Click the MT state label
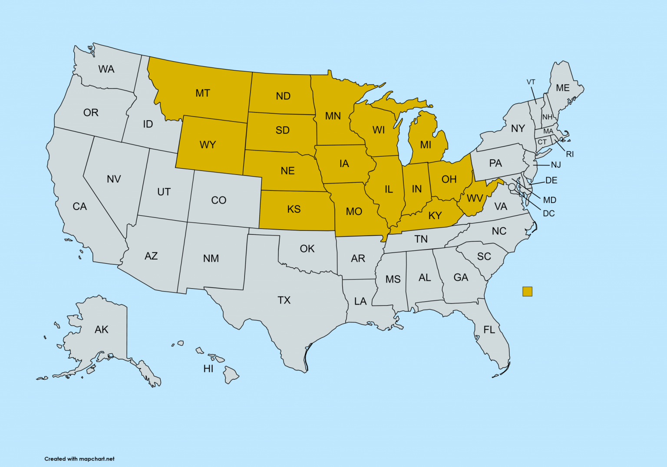(203, 93)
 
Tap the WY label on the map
(208, 145)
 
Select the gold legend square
(527, 292)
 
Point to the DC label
(548, 214)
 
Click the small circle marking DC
(512, 187)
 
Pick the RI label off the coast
(570, 154)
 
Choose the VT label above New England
(531, 82)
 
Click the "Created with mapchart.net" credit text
(79, 459)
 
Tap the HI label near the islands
(208, 369)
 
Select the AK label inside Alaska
(101, 329)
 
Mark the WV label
(475, 198)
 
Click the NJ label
(556, 165)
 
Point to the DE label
(551, 181)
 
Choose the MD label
(549, 200)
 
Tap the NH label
(547, 117)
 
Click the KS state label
(294, 209)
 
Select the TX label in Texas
(284, 300)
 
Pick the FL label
(489, 330)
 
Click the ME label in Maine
(562, 88)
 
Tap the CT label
(542, 142)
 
